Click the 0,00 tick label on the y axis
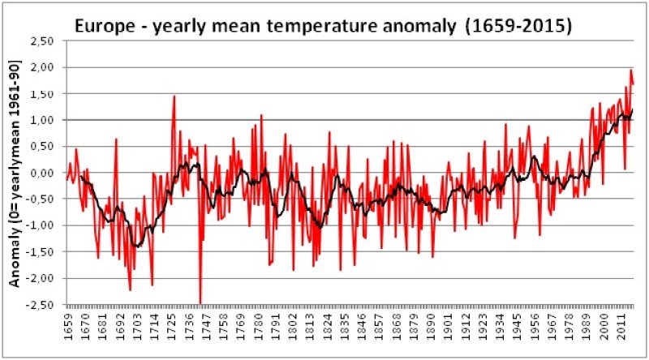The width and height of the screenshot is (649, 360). [x=43, y=173]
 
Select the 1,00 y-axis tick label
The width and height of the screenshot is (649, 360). [x=43, y=120]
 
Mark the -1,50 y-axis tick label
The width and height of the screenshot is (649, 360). [x=41, y=251]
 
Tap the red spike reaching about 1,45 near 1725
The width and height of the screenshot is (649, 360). [x=174, y=96]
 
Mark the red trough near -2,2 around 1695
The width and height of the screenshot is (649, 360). [x=130, y=289]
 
